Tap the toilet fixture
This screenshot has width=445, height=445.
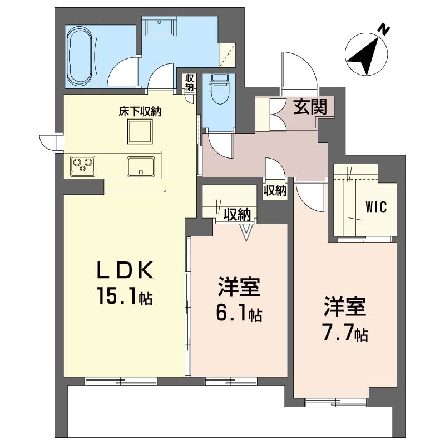click(218, 89)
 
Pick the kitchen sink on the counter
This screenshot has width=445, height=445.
click(141, 166)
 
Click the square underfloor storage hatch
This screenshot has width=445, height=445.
click(140, 132)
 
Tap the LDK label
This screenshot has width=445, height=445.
click(125, 270)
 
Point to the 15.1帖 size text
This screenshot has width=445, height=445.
click(125, 297)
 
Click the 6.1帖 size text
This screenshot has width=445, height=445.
click(239, 315)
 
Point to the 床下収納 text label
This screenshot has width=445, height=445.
click(139, 112)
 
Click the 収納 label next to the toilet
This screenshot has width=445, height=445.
click(190, 82)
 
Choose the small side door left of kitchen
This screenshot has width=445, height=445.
click(49, 142)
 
